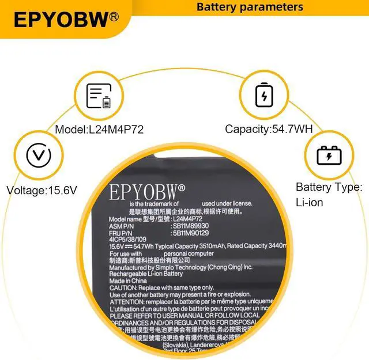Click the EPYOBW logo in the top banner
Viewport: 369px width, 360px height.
coord(61,19)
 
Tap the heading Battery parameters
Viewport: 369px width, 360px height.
coord(250,7)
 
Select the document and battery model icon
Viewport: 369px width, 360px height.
coord(98,96)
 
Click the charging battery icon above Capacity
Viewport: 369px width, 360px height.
coord(265,96)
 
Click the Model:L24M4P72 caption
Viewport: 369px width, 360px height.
coord(100,130)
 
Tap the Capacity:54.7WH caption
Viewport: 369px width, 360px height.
coord(269,130)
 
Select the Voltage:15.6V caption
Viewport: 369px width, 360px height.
coord(41,190)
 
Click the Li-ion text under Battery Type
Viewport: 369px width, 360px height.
coord(310,202)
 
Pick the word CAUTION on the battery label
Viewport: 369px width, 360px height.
coord(123,288)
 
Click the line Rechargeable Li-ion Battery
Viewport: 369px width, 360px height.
coord(146,274)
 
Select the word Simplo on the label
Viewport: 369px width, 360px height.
coord(165,267)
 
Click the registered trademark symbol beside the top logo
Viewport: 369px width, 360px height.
coord(115,17)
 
